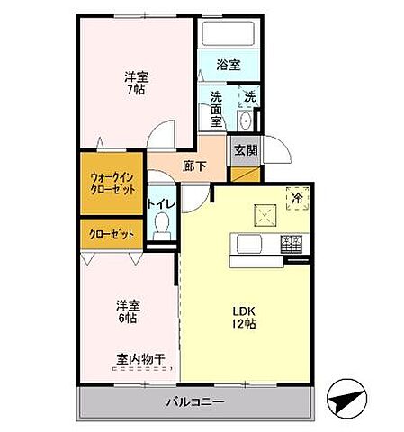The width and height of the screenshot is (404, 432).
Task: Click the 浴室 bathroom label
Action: [x=229, y=65]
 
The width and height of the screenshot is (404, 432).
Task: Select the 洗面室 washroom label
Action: [x=217, y=109]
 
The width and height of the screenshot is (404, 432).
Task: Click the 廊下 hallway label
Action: [x=194, y=166]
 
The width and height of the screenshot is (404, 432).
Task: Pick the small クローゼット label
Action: [x=112, y=234]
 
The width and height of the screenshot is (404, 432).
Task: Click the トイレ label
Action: [x=162, y=203]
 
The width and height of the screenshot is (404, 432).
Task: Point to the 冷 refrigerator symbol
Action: [x=296, y=196]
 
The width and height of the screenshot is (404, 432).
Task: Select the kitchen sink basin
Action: [x=249, y=242]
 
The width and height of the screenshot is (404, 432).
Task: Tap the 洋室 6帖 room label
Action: [x=126, y=310]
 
